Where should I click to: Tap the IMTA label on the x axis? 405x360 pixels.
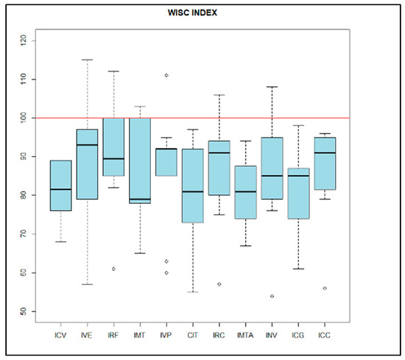[245, 336]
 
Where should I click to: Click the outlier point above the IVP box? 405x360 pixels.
[166, 75]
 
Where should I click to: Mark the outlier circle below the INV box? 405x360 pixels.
[272, 296]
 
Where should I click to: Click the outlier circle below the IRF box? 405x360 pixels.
[113, 269]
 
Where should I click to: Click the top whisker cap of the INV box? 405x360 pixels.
[272, 87]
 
